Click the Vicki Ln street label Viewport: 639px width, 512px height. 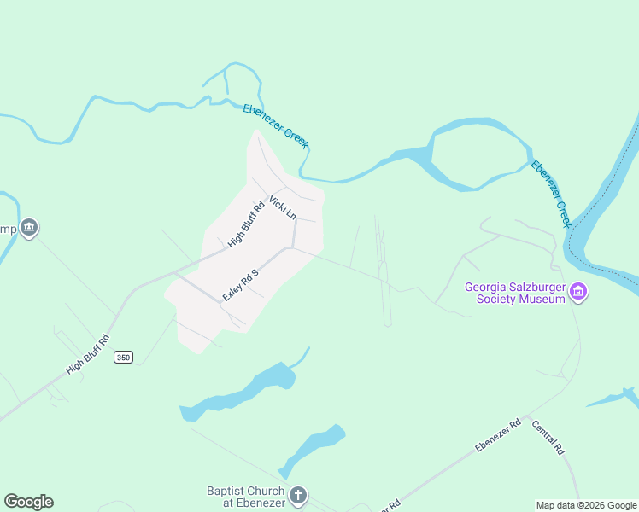point(282,207)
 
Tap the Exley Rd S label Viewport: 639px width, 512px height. point(240,282)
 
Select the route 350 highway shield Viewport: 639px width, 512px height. point(123,358)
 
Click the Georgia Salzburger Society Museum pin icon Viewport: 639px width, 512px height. point(578,293)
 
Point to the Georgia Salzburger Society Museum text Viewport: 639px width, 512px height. point(515,293)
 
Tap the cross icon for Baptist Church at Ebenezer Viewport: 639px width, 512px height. point(297,495)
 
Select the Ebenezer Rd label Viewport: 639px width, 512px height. point(498,435)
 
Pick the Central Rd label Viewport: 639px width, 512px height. point(548,437)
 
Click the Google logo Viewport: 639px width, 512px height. point(28,502)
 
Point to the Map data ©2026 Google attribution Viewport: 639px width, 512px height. point(586,505)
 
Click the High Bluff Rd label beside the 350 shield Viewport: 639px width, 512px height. point(89,354)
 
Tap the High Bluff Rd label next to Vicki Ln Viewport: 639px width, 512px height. point(248,224)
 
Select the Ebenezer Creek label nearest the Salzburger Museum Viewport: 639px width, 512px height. point(550,193)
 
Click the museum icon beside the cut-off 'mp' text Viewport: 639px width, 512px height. point(29,228)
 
